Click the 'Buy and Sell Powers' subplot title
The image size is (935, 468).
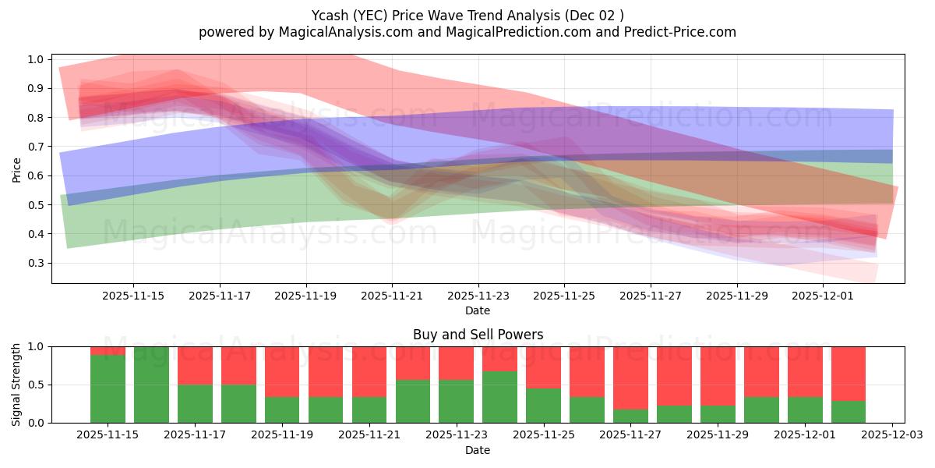click(x=478, y=335)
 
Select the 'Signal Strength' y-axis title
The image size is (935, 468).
click(x=17, y=385)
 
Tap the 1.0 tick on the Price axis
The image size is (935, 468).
click(x=36, y=59)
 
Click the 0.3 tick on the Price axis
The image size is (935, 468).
click(x=36, y=263)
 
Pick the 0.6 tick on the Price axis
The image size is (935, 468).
click(x=36, y=175)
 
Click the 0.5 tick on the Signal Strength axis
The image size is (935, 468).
click(x=36, y=385)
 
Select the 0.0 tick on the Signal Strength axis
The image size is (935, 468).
click(x=36, y=423)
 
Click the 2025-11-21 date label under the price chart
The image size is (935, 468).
click(x=392, y=296)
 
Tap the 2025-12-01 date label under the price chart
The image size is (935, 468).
click(x=824, y=296)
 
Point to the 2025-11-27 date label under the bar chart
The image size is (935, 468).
click(x=630, y=435)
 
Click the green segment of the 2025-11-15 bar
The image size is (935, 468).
click(x=108, y=389)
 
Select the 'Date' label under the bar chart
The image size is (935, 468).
click(x=478, y=450)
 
